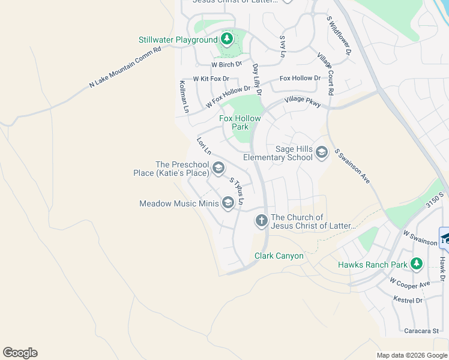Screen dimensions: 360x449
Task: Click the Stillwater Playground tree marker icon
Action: [226, 40]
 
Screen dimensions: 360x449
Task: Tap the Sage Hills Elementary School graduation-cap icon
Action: [321, 152]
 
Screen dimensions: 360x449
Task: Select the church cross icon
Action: [261, 221]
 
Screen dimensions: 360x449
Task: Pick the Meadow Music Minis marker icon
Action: [228, 204]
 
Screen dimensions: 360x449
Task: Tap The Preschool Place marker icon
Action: [218, 169]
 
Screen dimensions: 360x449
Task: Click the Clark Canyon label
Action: [279, 256]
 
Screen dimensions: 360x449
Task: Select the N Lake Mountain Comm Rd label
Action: [125, 68]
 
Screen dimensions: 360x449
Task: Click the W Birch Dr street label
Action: [226, 64]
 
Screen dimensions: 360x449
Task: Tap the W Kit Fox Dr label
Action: [211, 79]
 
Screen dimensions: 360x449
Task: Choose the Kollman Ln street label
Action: [185, 97]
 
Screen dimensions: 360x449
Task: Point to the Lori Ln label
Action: [204, 146]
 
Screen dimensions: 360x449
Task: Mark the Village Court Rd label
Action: [325, 74]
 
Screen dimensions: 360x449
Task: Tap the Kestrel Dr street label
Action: [408, 300]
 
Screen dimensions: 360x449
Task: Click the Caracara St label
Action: [421, 331]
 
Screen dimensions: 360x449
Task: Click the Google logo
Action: [20, 353]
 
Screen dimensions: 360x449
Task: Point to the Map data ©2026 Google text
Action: [412, 355]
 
